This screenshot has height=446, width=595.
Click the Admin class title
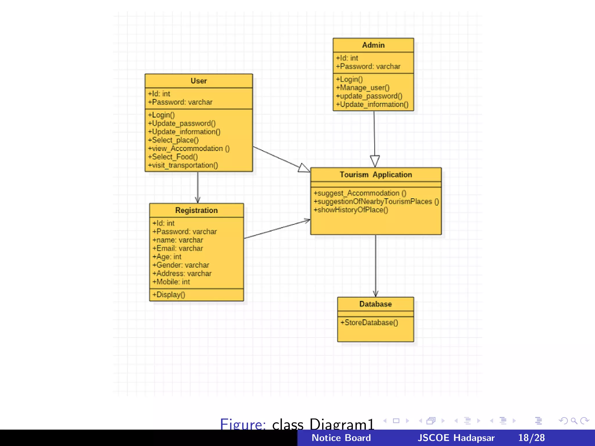tap(373, 45)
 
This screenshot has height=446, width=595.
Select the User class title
tap(199, 81)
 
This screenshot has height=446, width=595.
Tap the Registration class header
tap(196, 211)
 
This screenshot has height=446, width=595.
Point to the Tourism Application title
tap(376, 175)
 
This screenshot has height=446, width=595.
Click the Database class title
tap(375, 304)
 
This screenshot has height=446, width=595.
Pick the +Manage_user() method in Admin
tap(363, 88)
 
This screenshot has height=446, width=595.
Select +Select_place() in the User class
tap(173, 140)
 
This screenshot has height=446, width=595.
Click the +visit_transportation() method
tap(183, 166)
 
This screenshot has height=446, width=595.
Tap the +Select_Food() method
tap(173, 157)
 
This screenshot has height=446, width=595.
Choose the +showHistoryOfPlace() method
tap(351, 210)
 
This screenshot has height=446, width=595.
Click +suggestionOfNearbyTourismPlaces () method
tap(376, 202)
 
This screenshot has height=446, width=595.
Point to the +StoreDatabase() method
tap(369, 323)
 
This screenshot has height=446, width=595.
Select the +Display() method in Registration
tap(169, 295)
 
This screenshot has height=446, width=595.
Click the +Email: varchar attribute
tap(178, 249)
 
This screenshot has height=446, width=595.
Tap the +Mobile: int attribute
tap(171, 282)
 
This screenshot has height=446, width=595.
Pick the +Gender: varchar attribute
tap(181, 265)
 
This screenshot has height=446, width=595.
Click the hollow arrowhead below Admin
tap(375, 161)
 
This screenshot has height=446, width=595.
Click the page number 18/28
tap(531, 438)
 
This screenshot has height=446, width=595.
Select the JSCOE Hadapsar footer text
tap(456, 438)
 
